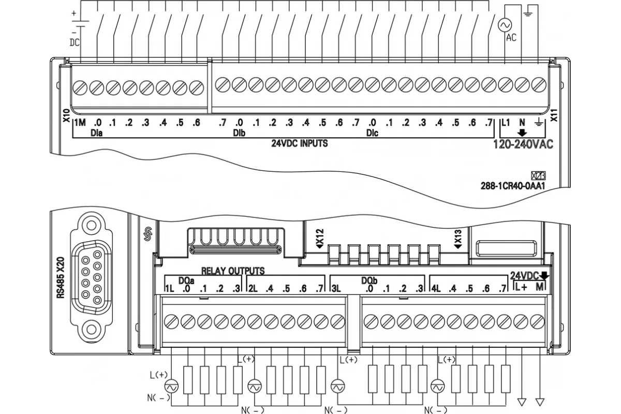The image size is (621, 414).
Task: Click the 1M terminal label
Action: click(x=80, y=122)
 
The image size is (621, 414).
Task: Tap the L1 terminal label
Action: click(x=506, y=122)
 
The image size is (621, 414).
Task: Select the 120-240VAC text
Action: click(x=523, y=144)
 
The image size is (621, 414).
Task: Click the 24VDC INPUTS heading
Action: click(x=300, y=143)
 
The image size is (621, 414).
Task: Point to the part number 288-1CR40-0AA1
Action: click(x=513, y=186)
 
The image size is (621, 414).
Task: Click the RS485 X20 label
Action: click(x=61, y=277)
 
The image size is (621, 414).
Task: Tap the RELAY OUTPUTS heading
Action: click(x=233, y=271)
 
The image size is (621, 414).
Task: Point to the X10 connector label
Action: click(x=67, y=115)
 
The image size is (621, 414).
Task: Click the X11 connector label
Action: click(x=554, y=115)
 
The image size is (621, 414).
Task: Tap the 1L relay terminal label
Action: click(x=170, y=289)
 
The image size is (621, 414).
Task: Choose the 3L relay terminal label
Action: click(x=336, y=289)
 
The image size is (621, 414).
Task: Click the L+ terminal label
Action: click(x=521, y=287)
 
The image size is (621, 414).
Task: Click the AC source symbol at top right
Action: click(x=505, y=25)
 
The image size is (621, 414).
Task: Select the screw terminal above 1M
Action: click(x=80, y=88)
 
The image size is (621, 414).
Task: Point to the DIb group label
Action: click(x=239, y=133)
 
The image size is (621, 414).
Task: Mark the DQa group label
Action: click(x=186, y=280)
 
